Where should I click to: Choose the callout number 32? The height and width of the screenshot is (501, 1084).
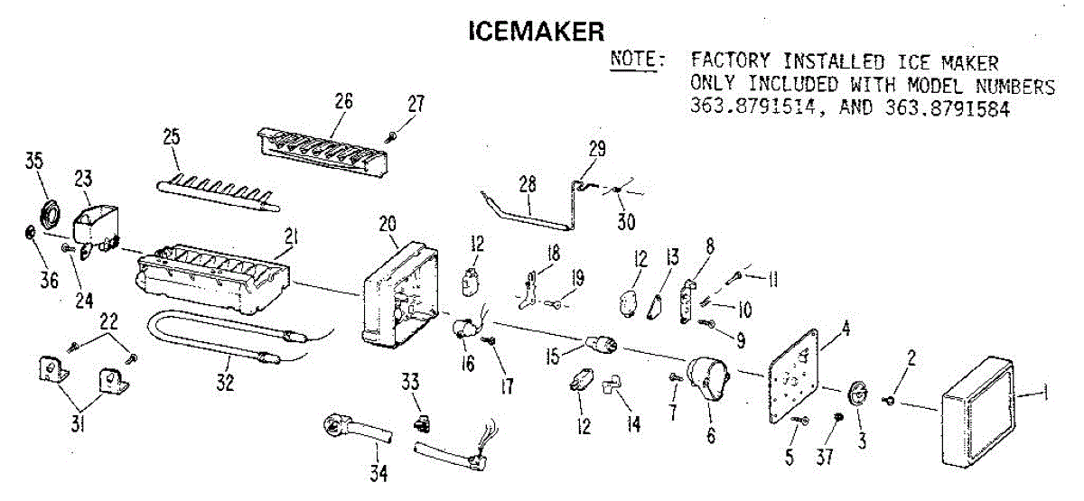click(x=225, y=383)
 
